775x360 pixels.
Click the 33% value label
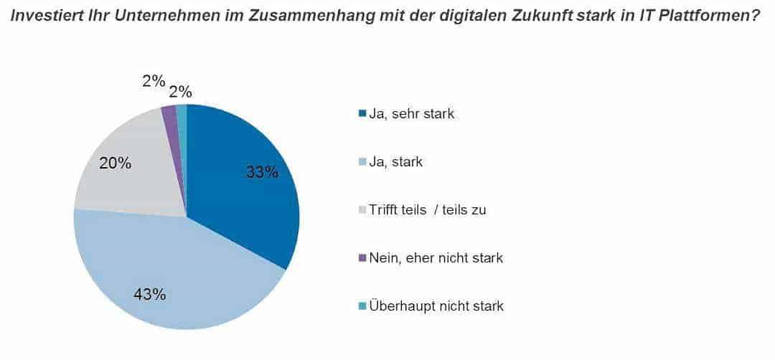(261, 172)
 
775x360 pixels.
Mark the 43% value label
(150, 294)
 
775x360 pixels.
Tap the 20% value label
(115, 164)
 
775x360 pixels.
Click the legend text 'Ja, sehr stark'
(411, 114)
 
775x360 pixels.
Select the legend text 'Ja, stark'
(395, 162)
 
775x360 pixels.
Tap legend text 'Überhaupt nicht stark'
(436, 306)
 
